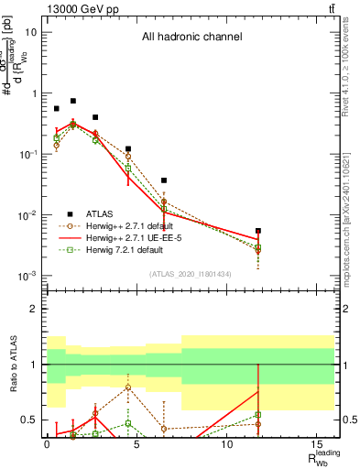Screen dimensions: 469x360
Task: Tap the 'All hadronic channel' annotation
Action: [x=191, y=38]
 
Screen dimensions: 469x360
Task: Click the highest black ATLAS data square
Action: [x=73, y=101]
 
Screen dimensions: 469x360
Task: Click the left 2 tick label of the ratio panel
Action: [x=33, y=309]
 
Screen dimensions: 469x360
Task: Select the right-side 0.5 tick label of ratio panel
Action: [x=349, y=420]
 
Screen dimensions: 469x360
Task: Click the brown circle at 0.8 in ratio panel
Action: [x=128, y=387]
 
